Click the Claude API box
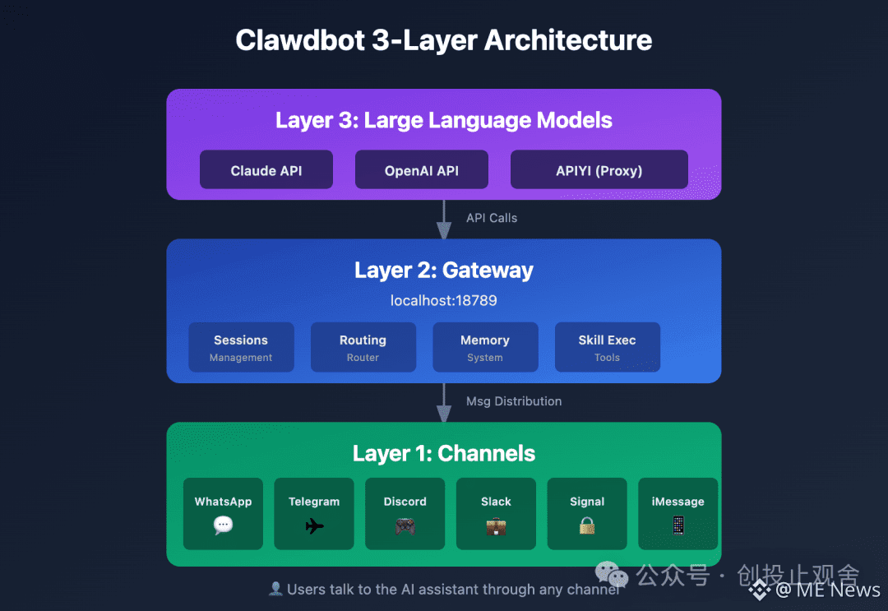pyautogui.click(x=266, y=169)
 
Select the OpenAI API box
pyautogui.click(x=421, y=169)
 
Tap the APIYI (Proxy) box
pyautogui.click(x=599, y=169)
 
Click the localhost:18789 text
pyautogui.click(x=443, y=300)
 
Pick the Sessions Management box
pyautogui.click(x=241, y=347)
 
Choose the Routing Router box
pyautogui.click(x=363, y=347)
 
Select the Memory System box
pyautogui.click(x=485, y=347)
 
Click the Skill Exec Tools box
pyautogui.click(x=607, y=347)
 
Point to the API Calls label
pyautogui.click(x=492, y=218)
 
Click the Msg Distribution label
pyautogui.click(x=514, y=401)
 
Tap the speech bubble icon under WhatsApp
pyautogui.click(x=223, y=525)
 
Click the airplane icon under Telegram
pyautogui.click(x=314, y=526)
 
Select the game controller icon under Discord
pyautogui.click(x=405, y=526)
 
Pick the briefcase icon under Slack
pyautogui.click(x=496, y=526)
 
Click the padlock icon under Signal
pyautogui.click(x=587, y=525)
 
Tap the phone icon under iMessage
pyautogui.click(x=678, y=525)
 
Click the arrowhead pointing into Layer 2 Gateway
pyautogui.click(x=444, y=230)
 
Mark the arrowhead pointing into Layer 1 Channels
pyautogui.click(x=444, y=414)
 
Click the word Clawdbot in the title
pyautogui.click(x=300, y=40)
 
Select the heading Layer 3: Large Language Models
pyautogui.click(x=443, y=120)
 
